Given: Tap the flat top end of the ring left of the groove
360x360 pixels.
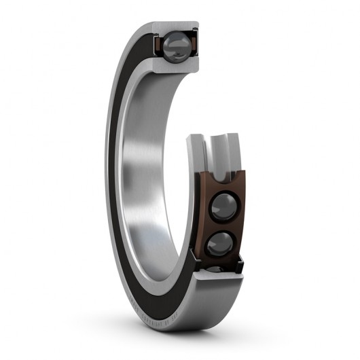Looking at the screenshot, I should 196,139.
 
